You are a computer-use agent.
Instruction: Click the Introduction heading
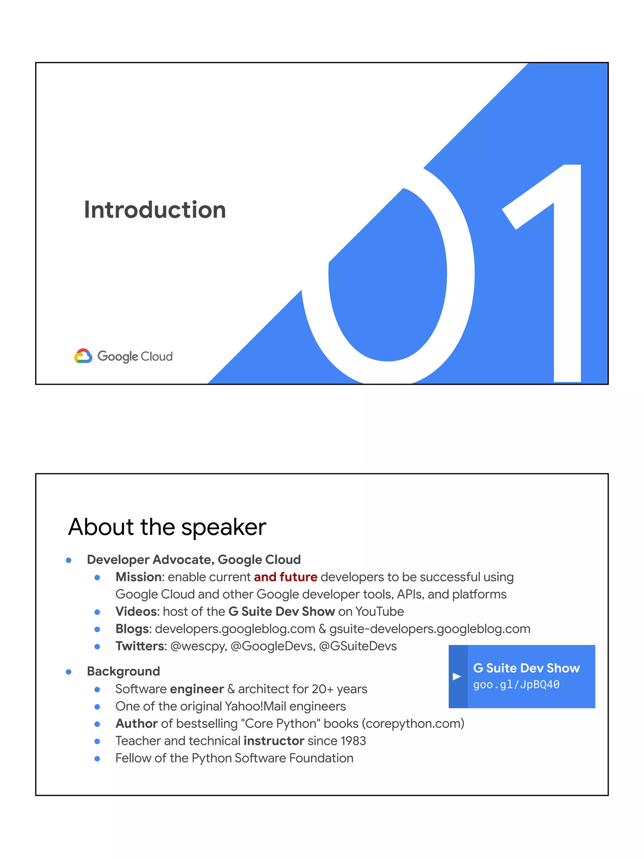pyautogui.click(x=155, y=210)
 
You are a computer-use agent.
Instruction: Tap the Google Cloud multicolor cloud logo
pyautogui.click(x=83, y=356)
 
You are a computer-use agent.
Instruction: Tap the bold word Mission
pyautogui.click(x=139, y=577)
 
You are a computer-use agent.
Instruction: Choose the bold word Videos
pyautogui.click(x=137, y=611)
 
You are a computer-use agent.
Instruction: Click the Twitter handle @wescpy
pyautogui.click(x=198, y=646)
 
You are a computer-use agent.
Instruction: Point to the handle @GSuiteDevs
pyautogui.click(x=358, y=646)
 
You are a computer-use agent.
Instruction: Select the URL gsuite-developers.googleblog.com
pyautogui.click(x=430, y=629)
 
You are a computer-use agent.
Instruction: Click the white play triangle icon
pyautogui.click(x=457, y=676)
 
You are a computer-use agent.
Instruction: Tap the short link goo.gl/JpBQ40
pyautogui.click(x=516, y=685)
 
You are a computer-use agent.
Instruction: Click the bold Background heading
pyautogui.click(x=124, y=671)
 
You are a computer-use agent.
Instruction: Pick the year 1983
pyautogui.click(x=353, y=741)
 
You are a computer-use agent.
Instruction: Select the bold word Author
pyautogui.click(x=136, y=724)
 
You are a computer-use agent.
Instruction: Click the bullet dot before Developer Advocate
pyautogui.click(x=69, y=560)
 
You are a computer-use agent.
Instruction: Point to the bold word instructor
pyautogui.click(x=274, y=741)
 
